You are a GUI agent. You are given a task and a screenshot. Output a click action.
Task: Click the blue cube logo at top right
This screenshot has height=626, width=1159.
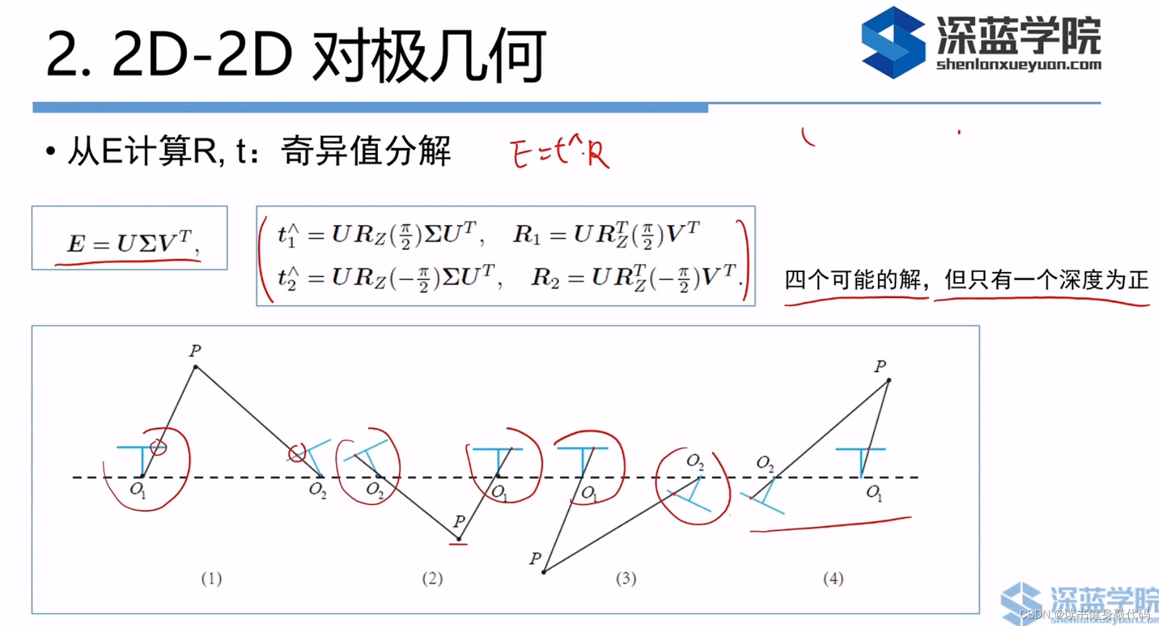[893, 43]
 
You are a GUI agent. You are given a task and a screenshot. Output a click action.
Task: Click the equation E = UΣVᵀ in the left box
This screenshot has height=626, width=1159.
[131, 243]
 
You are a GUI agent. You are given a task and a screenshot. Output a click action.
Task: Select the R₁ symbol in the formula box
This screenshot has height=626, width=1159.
[526, 234]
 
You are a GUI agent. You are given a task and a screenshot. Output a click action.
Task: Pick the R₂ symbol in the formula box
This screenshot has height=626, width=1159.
[545, 278]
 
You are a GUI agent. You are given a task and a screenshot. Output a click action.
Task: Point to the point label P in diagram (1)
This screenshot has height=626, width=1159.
[195, 351]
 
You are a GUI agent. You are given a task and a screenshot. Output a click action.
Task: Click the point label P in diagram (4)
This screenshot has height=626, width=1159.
[880, 366]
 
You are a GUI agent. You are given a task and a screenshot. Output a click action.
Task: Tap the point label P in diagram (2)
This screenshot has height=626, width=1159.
[459, 521]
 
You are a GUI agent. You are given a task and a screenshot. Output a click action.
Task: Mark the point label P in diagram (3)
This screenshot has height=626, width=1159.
[535, 559]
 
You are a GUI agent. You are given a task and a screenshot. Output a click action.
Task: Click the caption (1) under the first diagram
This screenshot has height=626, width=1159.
[211, 579]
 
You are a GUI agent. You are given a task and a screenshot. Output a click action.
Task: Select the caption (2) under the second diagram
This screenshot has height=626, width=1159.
[432, 579]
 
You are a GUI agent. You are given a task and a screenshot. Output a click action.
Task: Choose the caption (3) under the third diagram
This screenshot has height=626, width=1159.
[626, 579]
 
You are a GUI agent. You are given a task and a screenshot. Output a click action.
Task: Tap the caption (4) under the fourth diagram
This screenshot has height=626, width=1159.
[833, 579]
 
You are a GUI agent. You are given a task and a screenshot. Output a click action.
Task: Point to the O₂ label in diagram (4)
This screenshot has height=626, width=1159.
[765, 463]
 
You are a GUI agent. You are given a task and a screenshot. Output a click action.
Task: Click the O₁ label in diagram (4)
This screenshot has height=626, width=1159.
[874, 492]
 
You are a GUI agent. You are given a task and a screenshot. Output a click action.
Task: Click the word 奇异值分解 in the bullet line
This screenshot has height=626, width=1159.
[366, 151]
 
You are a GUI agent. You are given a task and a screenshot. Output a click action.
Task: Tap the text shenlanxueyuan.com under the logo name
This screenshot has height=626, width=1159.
[1018, 64]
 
